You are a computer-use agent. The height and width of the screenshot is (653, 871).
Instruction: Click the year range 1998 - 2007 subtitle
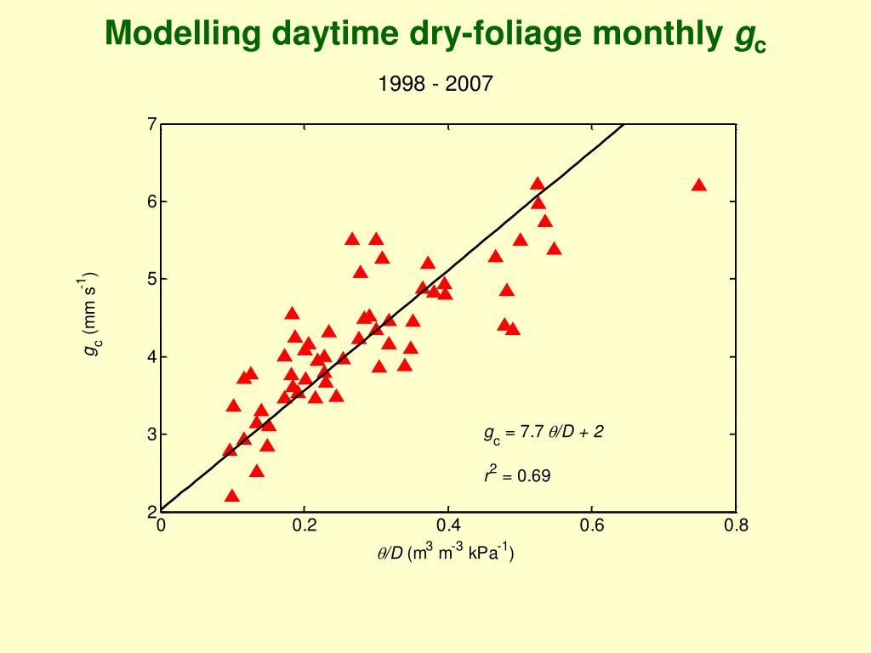coord(435,83)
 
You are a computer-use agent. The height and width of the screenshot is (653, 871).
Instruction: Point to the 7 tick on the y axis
coord(152,125)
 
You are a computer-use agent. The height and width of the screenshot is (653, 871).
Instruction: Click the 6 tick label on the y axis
coord(152,202)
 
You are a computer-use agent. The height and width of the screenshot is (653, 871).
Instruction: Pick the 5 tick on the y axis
coord(152,279)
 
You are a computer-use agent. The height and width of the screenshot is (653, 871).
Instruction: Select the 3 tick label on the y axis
coord(152,434)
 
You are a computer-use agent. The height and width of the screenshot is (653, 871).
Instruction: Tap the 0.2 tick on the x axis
coord(305,525)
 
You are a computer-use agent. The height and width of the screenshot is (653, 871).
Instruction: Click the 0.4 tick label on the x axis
coord(448,525)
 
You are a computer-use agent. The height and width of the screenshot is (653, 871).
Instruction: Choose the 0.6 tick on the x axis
coord(592,525)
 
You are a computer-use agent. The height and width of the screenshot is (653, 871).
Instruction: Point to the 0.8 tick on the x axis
coord(736,525)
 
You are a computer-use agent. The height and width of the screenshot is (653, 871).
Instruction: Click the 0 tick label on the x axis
coord(161,525)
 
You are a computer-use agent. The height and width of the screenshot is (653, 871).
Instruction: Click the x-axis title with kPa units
coord(446,553)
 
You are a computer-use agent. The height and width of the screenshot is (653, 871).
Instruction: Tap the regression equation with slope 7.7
coord(544,433)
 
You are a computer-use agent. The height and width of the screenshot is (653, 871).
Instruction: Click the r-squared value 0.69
coord(517,474)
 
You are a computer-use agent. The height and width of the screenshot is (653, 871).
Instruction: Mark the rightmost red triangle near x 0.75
coord(699,185)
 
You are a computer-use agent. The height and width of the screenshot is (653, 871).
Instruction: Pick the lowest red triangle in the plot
coord(232,496)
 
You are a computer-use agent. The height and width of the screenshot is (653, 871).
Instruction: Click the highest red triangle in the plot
coord(538,184)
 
